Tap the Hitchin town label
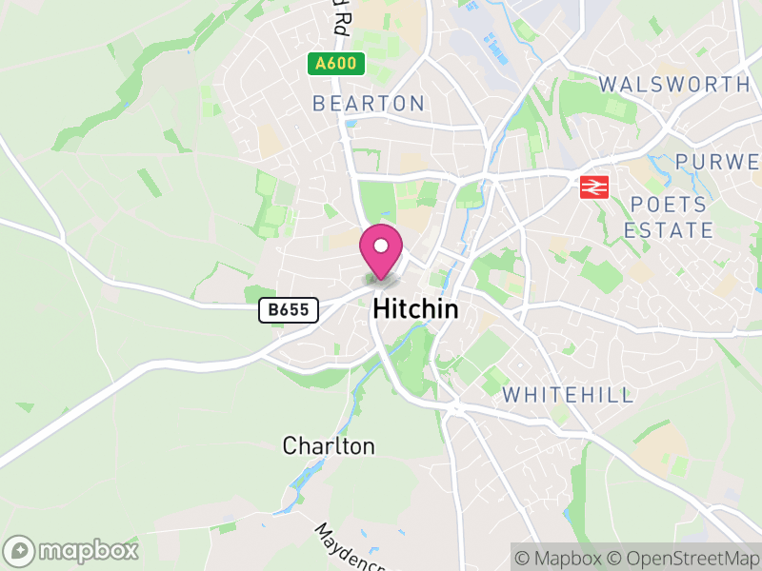click(415, 309)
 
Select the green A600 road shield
click(336, 65)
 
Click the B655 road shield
click(288, 309)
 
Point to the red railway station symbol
click(594, 187)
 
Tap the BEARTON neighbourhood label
click(369, 103)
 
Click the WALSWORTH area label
click(674, 85)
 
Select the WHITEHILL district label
click(568, 395)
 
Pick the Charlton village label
click(329, 445)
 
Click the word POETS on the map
click(669, 206)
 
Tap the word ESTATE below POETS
click(669, 230)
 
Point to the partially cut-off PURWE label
click(719, 161)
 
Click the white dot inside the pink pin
click(381, 246)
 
